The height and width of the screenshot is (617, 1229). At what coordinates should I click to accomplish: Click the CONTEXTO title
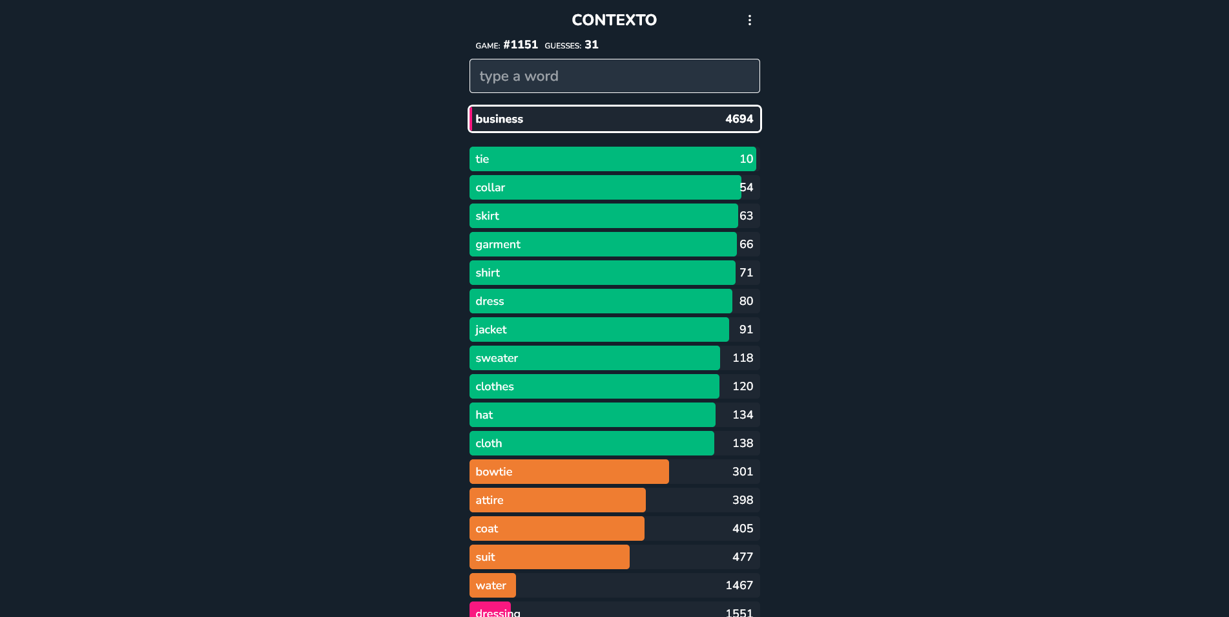coord(614,20)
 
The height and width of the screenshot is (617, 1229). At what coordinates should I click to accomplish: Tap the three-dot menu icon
coord(749,20)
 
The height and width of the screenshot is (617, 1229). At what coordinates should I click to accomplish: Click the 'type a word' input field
coord(614,76)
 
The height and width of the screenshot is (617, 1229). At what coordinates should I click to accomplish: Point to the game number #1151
coord(520,45)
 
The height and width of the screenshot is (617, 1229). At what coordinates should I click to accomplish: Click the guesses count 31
coord(592,45)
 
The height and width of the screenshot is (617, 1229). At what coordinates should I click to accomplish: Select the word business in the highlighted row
coord(499,119)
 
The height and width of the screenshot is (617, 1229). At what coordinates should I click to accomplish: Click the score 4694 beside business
coord(739,119)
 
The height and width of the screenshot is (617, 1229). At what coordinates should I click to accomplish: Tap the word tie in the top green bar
coord(482,159)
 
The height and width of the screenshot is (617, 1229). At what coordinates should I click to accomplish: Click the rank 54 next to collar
coord(746,187)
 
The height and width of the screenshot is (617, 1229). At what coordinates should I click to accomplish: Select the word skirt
coord(488,216)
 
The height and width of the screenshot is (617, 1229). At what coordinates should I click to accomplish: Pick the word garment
coord(498,244)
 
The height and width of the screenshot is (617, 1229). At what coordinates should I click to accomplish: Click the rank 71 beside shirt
coord(746,273)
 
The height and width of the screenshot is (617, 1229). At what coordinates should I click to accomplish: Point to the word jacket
coord(491,329)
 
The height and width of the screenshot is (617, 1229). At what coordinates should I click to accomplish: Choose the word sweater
coord(497,358)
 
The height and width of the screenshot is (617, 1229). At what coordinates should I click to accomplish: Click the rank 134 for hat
coord(742,415)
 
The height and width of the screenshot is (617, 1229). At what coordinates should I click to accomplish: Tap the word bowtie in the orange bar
coord(494,472)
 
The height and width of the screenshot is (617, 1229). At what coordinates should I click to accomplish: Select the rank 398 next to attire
coord(742,500)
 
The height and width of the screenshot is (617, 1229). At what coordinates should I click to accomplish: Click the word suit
coord(485,557)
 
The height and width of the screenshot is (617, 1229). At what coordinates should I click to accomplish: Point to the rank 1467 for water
coord(739,585)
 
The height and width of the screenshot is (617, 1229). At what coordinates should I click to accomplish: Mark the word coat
coord(487,528)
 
